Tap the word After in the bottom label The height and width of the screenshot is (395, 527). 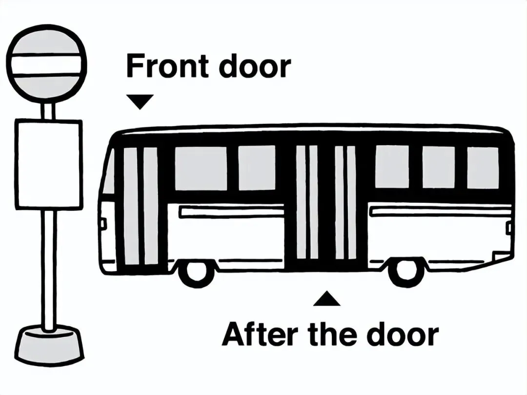[x=261, y=335]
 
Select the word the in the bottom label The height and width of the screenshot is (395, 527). [x=333, y=335]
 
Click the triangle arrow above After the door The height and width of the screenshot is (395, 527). [x=326, y=299]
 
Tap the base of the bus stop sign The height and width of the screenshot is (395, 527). [x=48, y=347]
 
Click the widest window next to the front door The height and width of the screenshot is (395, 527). [x=201, y=168]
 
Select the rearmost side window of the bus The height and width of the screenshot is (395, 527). [x=483, y=167]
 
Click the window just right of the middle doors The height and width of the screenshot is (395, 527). [x=392, y=167]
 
